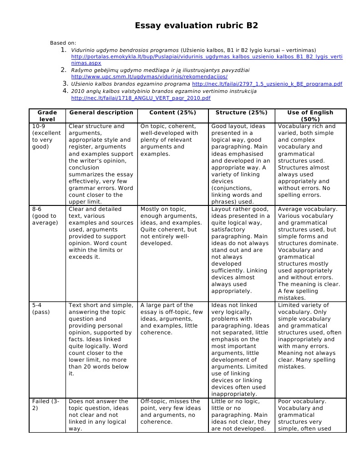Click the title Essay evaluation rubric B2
[196, 26]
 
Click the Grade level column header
[47, 116]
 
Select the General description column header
[101, 113]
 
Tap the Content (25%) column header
[172, 113]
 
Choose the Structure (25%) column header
[241, 113]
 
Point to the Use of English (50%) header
[310, 116]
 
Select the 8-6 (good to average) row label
[44, 216]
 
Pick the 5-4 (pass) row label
[41, 308]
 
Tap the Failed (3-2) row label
[46, 405]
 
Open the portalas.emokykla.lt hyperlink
[207, 56]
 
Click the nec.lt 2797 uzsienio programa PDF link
[267, 84]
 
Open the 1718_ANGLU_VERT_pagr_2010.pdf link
[141, 98]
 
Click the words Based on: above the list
[63, 43]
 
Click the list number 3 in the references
[66, 84]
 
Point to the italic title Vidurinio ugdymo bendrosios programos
[125, 50]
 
